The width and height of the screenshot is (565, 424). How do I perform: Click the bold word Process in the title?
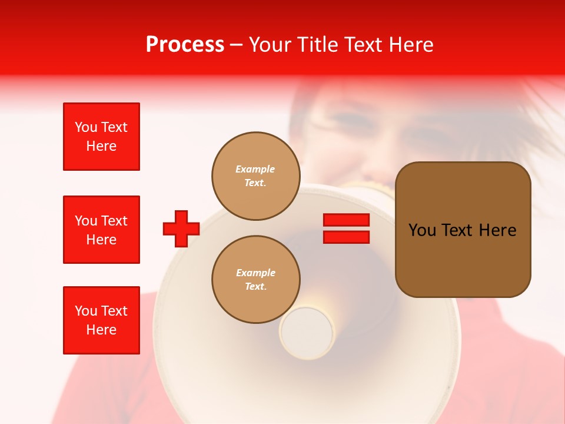[185, 45]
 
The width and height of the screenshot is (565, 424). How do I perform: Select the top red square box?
[101, 137]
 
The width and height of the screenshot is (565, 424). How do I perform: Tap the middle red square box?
[101, 230]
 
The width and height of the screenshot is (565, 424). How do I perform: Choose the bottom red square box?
[101, 320]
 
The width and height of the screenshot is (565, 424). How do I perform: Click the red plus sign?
[181, 228]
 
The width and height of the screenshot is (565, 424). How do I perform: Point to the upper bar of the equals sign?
[346, 220]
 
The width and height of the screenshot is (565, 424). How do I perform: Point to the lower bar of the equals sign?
[346, 237]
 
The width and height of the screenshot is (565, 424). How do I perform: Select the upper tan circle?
[255, 176]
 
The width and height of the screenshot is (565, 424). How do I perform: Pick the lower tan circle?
[255, 280]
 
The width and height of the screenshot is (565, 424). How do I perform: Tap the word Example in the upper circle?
[255, 170]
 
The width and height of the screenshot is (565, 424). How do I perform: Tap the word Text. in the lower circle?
[255, 287]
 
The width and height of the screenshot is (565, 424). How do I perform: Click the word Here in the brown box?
[497, 230]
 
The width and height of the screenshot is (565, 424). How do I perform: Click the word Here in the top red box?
[101, 146]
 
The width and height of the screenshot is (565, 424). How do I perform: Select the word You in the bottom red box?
[86, 311]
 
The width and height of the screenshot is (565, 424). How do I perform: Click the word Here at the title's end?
[409, 45]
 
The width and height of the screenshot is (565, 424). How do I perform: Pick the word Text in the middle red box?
[114, 221]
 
